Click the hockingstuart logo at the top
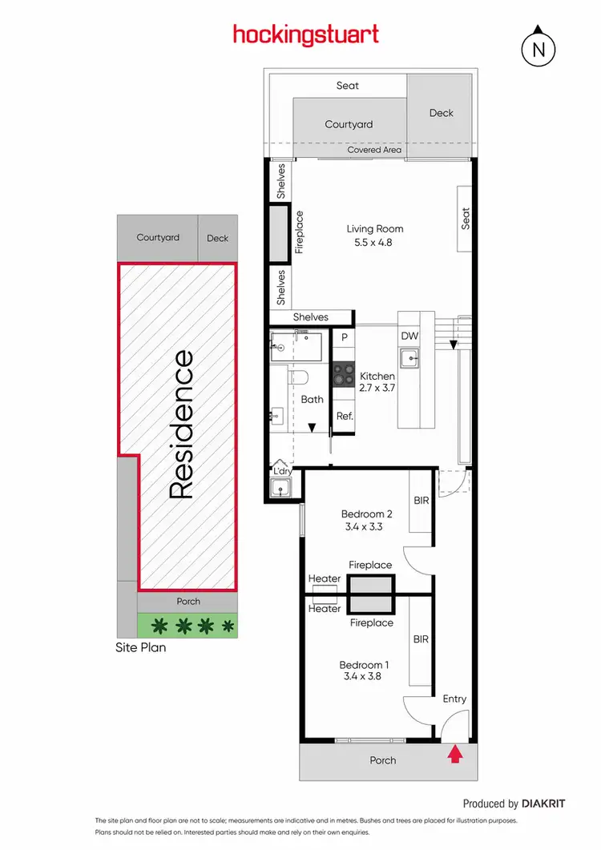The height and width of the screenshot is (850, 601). click(305, 34)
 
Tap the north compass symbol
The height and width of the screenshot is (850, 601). click(539, 49)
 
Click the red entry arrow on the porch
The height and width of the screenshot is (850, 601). click(455, 753)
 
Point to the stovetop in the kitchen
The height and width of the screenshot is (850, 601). click(344, 373)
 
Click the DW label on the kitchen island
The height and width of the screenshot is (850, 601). click(409, 336)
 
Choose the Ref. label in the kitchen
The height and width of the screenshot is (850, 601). click(345, 416)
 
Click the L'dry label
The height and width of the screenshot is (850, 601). click(282, 472)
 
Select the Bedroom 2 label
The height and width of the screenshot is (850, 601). click(366, 514)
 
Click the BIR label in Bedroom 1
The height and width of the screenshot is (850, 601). click(420, 641)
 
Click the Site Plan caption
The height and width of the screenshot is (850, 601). click(141, 647)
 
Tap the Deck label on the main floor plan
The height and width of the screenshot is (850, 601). click(442, 113)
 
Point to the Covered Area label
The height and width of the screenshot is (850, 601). click(374, 150)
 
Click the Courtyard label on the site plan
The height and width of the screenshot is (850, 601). click(158, 238)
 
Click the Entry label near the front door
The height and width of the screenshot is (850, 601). click(454, 699)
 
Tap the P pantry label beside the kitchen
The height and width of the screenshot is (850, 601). click(344, 338)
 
